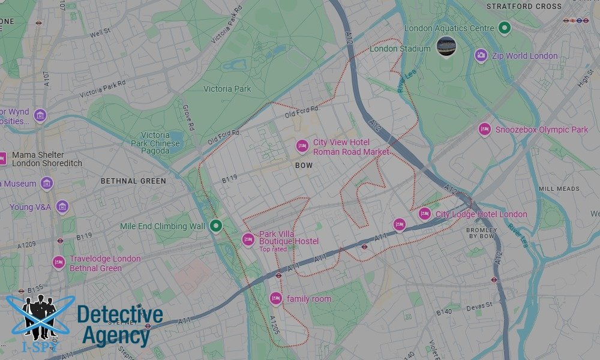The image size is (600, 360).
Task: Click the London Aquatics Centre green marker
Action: pyautogui.click(x=505, y=28)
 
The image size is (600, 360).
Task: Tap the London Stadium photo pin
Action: pyautogui.click(x=446, y=46)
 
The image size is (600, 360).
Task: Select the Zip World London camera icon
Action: pyautogui.click(x=481, y=56)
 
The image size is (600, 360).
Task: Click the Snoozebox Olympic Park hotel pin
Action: pyautogui.click(x=485, y=129)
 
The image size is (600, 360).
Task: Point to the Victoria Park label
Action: pyautogui.click(x=227, y=89)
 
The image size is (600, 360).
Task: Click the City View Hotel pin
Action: pyautogui.click(x=302, y=146)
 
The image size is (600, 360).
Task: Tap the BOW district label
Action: pyautogui.click(x=304, y=164)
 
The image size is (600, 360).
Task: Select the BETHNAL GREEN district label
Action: pyautogui.click(x=133, y=181)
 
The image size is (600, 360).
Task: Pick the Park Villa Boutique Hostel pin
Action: pyautogui.click(x=248, y=239)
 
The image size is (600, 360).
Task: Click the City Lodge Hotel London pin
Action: pyautogui.click(x=424, y=214)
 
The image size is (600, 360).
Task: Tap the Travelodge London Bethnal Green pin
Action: pyautogui.click(x=59, y=262)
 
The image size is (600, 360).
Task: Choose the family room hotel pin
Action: pyautogui.click(x=275, y=298)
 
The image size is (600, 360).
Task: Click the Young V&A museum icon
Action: pyautogui.click(x=62, y=207)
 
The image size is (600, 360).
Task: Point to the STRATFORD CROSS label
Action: pyautogui.click(x=524, y=7)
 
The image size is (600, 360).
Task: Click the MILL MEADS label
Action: pyautogui.click(x=559, y=188)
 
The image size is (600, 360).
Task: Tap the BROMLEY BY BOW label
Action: pyautogui.click(x=482, y=233)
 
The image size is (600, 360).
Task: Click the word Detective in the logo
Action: pyautogui.click(x=120, y=315)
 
